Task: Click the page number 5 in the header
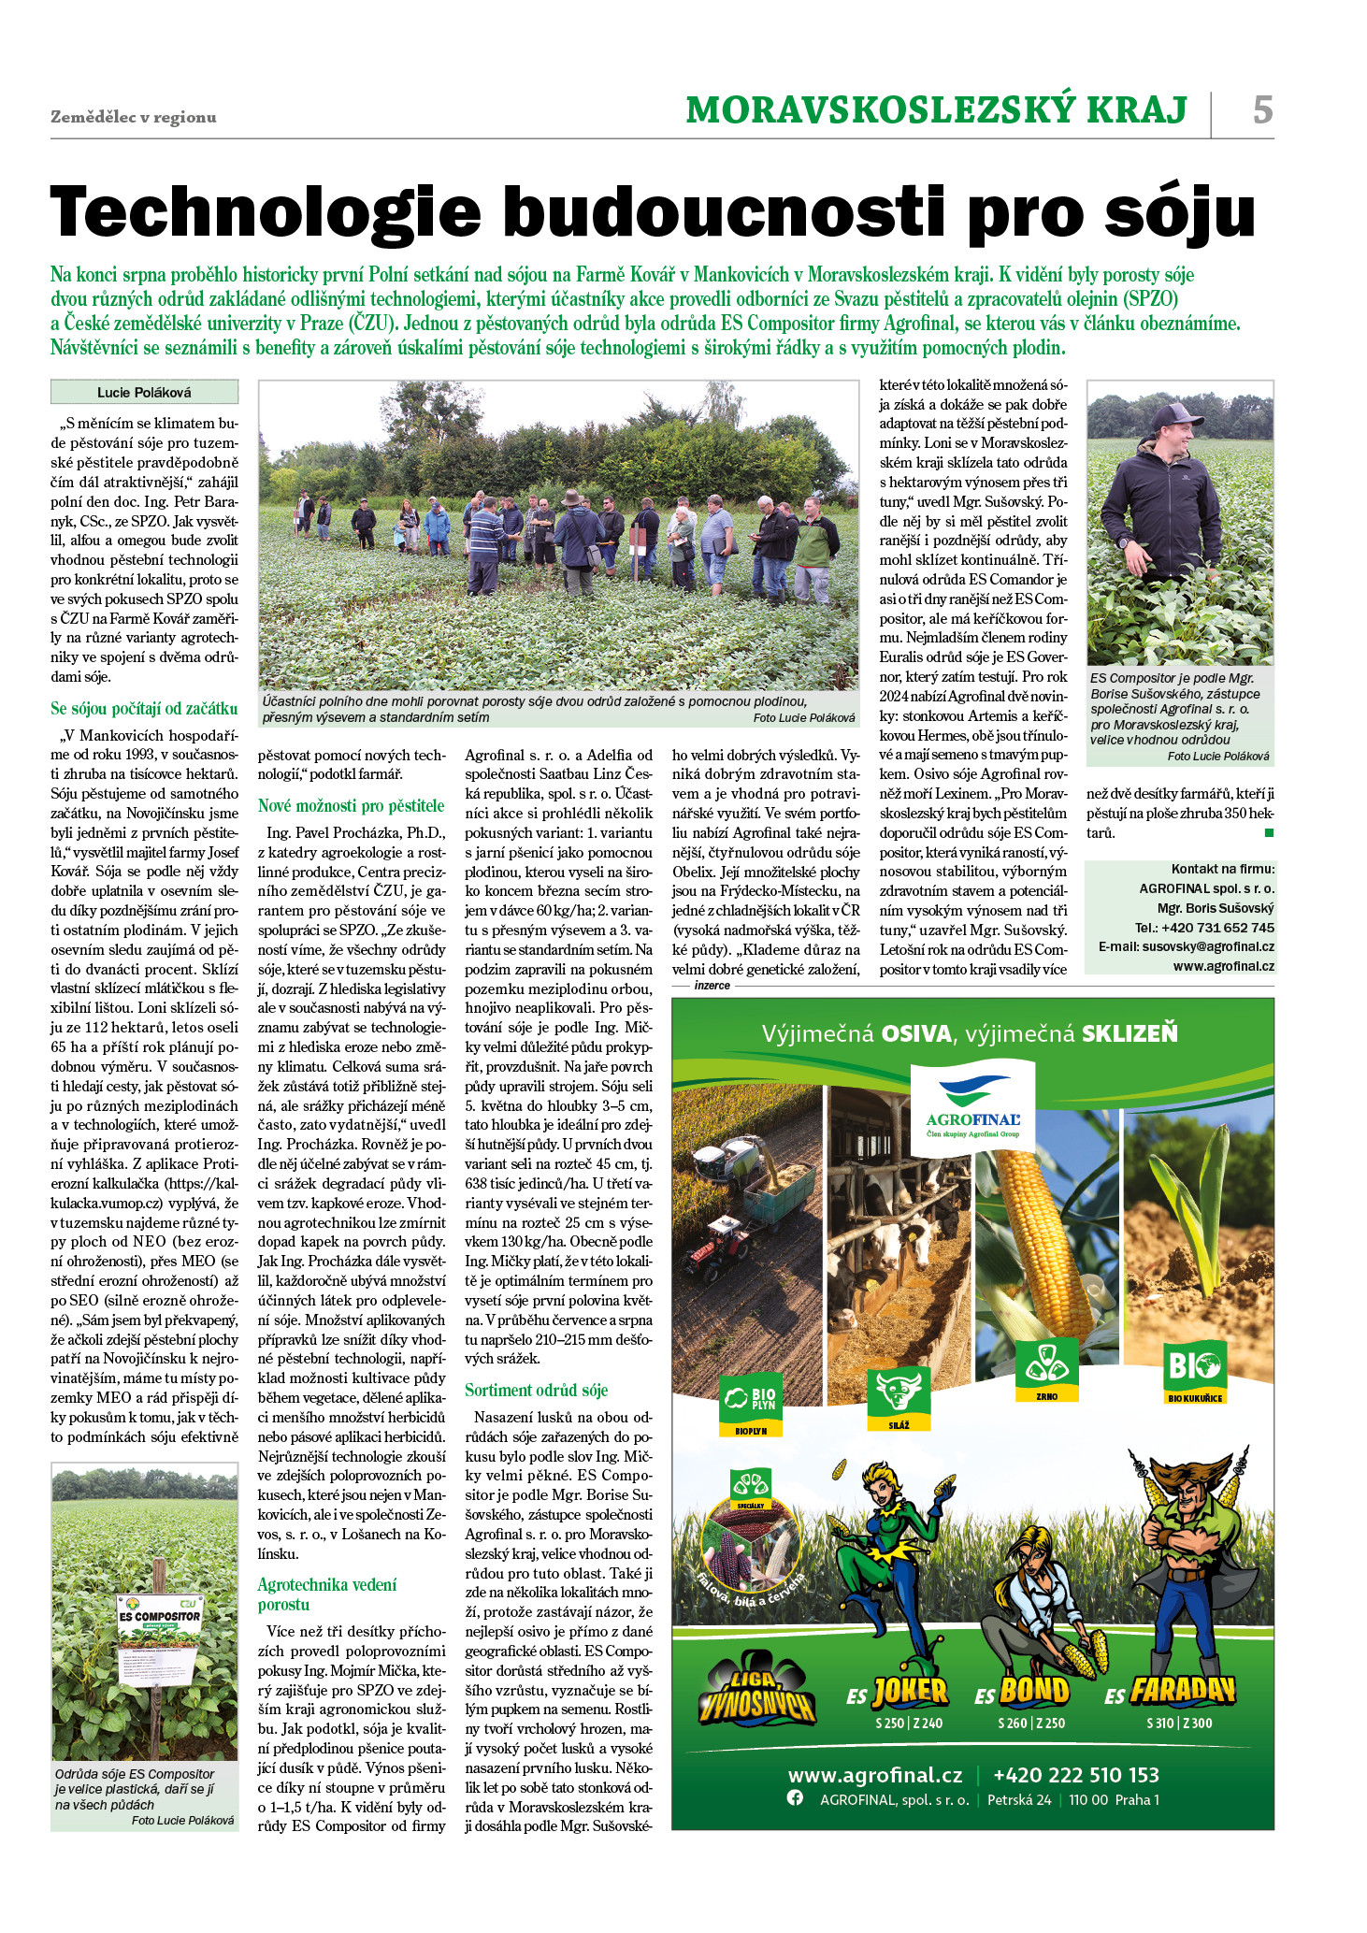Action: coord(1262,110)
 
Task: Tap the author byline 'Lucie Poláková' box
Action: coord(144,392)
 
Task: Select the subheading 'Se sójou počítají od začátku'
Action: coord(144,708)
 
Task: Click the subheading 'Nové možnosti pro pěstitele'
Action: coord(352,805)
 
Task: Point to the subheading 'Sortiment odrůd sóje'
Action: coord(537,1390)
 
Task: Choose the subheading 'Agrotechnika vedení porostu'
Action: coord(327,1594)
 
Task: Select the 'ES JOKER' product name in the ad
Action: coord(897,1692)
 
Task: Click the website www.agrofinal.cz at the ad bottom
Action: coord(874,1775)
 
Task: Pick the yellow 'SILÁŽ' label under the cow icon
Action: coord(899,1425)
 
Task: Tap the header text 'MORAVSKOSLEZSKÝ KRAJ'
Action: coord(936,110)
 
